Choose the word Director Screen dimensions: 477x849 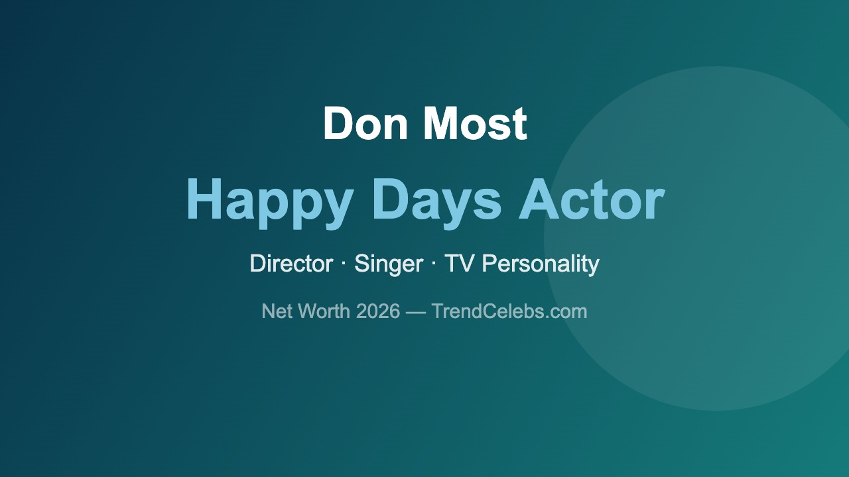[291, 264]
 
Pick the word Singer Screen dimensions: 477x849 [389, 264]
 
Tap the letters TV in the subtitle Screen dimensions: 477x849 [459, 264]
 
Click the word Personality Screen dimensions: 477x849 [541, 264]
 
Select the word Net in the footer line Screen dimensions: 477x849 [277, 311]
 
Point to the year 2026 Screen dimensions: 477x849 [377, 311]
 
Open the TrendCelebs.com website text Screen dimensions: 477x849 [509, 311]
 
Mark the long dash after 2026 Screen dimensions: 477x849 [416, 312]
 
